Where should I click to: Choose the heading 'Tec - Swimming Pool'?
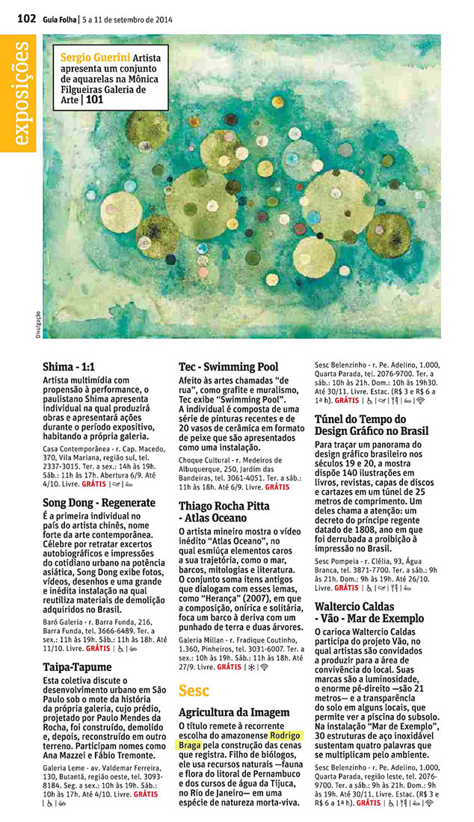pos(228,367)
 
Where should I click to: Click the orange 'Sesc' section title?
pos(194,690)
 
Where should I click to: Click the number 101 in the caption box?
pos(95,99)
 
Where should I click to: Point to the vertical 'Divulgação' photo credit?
pos(36,324)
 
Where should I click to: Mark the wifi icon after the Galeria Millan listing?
pos(262,666)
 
